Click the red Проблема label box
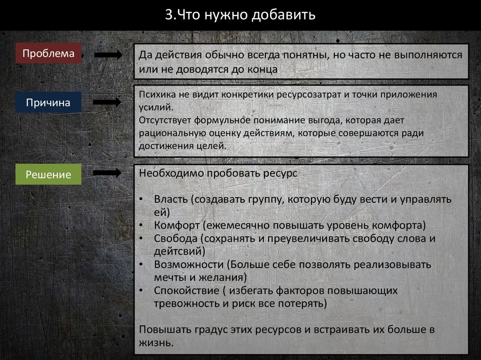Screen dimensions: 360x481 (48, 54)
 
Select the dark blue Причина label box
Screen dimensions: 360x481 (48, 102)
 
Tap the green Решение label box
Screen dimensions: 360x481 (48, 175)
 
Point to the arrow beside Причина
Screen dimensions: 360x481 (108, 102)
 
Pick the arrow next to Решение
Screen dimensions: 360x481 (108, 173)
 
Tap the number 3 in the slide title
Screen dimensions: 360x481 (168, 15)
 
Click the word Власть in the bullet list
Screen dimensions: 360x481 (171, 199)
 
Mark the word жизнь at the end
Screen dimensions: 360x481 (154, 342)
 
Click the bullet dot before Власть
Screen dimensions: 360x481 (142, 199)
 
